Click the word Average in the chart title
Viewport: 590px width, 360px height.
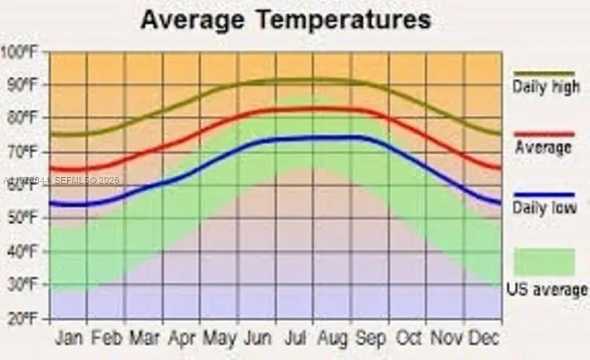[191, 19]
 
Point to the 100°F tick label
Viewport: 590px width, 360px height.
[21, 52]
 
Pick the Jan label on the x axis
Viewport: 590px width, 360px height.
[69, 337]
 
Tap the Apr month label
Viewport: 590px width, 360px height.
[181, 337]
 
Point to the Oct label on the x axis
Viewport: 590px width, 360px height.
[408, 337]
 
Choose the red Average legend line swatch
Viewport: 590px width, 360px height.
[544, 134]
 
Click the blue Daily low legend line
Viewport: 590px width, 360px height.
[544, 194]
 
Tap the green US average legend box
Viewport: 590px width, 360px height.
[544, 262]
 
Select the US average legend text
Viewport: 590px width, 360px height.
[546, 289]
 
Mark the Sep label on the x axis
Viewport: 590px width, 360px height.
[370, 337]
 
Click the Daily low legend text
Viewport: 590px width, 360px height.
[544, 210]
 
